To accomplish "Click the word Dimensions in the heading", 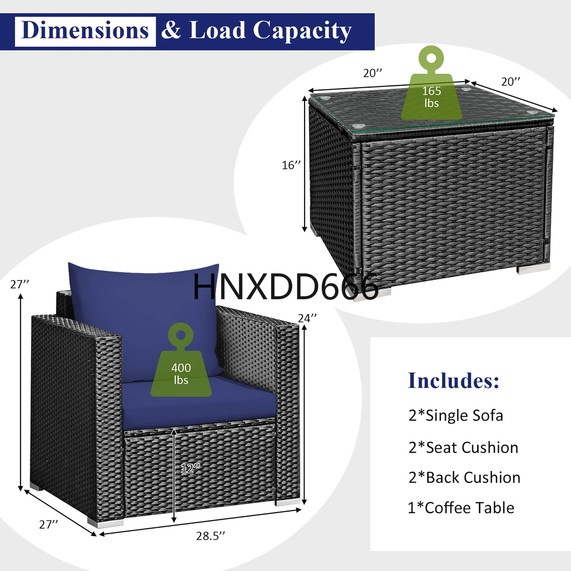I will pos(85,31).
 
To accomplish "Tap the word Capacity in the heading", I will pos(302,31).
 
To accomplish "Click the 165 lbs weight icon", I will pos(431,86).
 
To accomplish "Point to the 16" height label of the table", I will pos(291,165).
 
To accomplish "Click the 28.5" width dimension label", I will pos(210,536).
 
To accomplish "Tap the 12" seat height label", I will pos(190,468).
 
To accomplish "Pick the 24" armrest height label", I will pos(307,318).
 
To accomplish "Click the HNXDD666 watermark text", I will pos(285,287).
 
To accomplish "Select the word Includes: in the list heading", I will pos(453,381).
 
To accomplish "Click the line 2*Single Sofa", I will pos(455,415).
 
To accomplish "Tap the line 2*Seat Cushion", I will pos(463,447).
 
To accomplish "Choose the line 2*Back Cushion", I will pos(464,477).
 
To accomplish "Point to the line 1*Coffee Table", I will pos(461,508).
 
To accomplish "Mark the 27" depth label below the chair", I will pos(49,524).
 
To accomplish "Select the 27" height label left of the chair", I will pos(20,284).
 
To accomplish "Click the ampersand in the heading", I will pos(171,31).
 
